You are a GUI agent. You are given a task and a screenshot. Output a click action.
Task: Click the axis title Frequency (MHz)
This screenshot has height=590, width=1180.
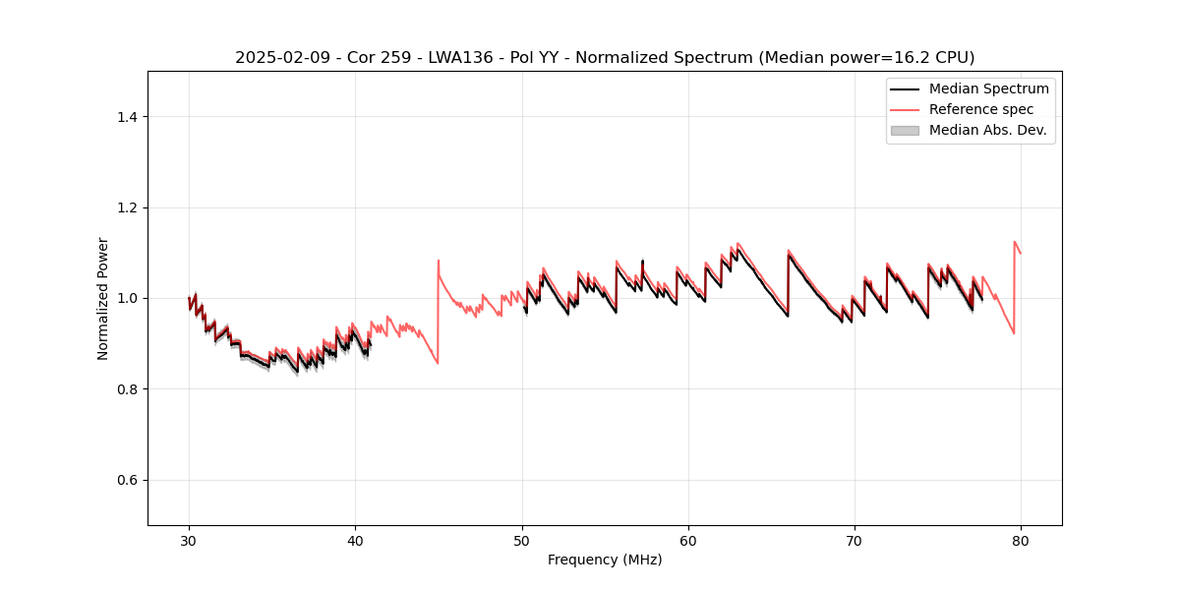(x=605, y=560)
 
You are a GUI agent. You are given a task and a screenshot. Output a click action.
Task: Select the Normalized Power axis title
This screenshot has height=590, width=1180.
(x=103, y=298)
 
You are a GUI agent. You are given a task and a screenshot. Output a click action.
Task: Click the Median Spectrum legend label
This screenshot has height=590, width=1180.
(x=988, y=88)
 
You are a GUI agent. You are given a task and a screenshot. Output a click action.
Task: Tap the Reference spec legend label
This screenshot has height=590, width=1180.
(x=980, y=109)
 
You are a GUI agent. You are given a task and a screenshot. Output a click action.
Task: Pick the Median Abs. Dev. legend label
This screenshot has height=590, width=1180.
(x=987, y=130)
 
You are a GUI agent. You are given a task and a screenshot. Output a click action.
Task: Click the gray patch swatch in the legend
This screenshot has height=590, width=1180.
(x=905, y=130)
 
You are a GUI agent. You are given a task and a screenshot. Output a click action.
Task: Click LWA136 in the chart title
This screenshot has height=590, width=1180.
(x=459, y=58)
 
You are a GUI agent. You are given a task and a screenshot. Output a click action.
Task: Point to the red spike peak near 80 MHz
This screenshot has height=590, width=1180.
(x=1015, y=241)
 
